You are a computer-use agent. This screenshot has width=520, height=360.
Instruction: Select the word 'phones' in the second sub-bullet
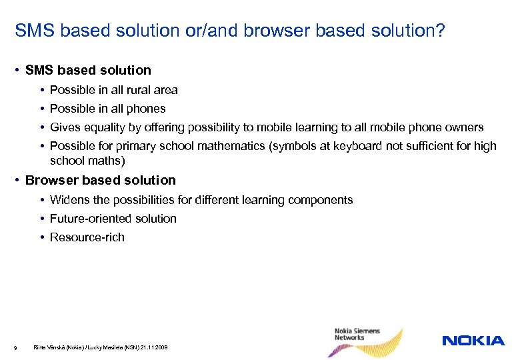147,109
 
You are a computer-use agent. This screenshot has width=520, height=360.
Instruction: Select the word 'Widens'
69,200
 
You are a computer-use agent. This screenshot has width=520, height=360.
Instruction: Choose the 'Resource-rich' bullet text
87,237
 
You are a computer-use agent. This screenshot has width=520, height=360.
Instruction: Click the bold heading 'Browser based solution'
101,181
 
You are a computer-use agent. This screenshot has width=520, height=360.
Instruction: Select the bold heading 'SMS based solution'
88,70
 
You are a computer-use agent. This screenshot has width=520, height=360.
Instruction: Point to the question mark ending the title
441,31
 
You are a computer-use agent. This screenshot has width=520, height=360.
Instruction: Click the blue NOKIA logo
473,341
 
